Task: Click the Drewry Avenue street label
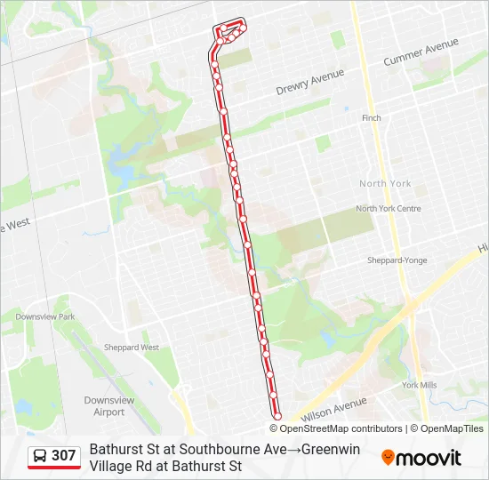(309, 83)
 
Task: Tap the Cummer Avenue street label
(421, 52)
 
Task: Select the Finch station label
(372, 118)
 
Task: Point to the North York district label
(385, 183)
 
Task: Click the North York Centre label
(388, 209)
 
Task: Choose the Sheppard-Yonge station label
(397, 260)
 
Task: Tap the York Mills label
(419, 385)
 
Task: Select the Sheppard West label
(132, 348)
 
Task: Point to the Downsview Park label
(44, 316)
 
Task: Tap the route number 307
(64, 456)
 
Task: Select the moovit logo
(421, 458)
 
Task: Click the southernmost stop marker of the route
(277, 415)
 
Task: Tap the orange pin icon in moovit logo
(388, 458)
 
